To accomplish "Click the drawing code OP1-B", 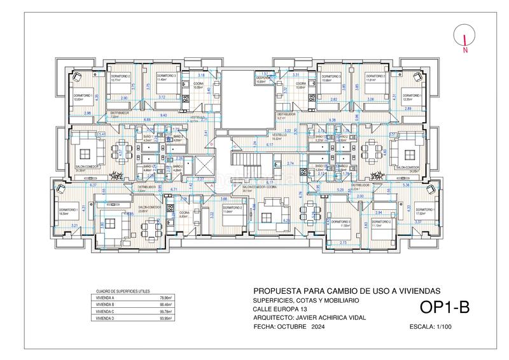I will [445, 307].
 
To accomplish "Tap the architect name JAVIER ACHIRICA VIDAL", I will [328, 317].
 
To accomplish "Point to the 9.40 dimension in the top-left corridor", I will [164, 115].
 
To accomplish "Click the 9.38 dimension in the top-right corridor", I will [332, 120].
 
